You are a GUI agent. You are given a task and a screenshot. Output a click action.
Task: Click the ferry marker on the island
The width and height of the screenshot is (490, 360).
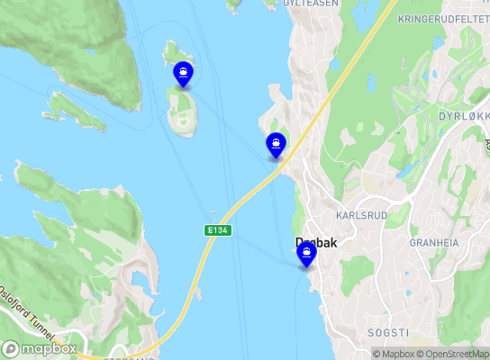[x=183, y=74]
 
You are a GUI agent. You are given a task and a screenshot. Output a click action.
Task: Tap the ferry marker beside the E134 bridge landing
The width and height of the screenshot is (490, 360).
[x=276, y=144]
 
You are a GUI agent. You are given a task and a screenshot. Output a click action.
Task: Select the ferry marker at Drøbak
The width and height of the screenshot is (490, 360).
[x=307, y=254]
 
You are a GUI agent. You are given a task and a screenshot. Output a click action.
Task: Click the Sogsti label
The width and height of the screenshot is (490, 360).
[x=389, y=331]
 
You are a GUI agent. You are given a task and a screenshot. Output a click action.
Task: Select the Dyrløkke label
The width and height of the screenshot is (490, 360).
[x=463, y=116]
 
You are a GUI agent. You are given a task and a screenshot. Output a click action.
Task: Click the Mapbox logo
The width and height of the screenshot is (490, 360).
[x=40, y=348]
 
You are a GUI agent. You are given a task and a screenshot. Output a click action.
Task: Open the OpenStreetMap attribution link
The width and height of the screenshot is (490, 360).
[x=451, y=354]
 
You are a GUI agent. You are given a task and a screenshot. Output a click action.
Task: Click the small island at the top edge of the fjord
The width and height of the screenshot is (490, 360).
[x=235, y=4]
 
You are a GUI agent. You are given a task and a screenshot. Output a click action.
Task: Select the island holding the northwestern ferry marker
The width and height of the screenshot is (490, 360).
[x=184, y=112]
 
